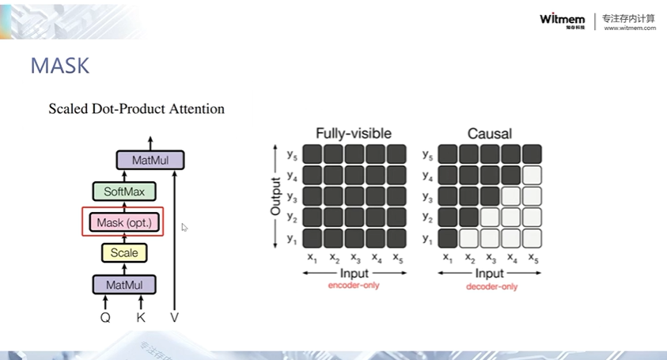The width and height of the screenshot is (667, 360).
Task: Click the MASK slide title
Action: click(x=59, y=66)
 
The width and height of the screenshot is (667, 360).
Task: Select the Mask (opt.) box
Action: click(x=123, y=222)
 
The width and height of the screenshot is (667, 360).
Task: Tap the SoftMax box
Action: click(x=124, y=191)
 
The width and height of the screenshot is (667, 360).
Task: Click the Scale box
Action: click(x=124, y=253)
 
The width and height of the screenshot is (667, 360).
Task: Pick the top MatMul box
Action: click(x=150, y=161)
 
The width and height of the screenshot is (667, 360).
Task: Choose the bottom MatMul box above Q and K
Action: click(x=124, y=284)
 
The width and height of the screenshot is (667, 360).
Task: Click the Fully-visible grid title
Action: click(x=353, y=133)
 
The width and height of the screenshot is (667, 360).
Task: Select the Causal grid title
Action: click(x=489, y=133)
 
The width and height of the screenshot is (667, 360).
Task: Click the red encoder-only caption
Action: click(x=354, y=285)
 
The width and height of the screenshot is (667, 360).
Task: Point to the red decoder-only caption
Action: click(x=491, y=286)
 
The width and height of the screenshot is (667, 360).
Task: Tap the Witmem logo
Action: click(x=563, y=20)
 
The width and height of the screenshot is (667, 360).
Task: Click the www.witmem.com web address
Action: click(x=630, y=28)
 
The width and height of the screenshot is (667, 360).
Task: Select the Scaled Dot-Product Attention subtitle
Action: click(x=136, y=109)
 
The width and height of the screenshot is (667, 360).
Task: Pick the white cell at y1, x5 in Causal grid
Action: click(x=532, y=237)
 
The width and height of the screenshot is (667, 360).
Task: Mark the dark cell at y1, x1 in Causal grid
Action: click(x=448, y=237)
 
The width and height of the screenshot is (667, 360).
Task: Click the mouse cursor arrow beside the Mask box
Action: click(x=184, y=228)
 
